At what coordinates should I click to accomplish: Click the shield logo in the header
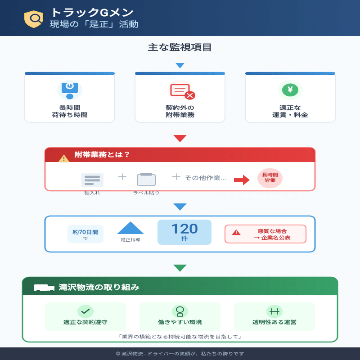pos(33,18)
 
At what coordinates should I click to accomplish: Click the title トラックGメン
pos(92,13)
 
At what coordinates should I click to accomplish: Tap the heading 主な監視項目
pos(180,47)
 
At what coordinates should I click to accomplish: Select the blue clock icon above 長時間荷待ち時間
pos(70,89)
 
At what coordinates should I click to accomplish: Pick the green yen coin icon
pos(290,90)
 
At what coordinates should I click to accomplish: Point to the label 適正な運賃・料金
pos(290,111)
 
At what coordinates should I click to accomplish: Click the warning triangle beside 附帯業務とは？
pos(64,158)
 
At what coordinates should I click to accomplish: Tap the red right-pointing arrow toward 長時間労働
pos(242,180)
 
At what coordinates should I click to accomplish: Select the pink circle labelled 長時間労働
pos(270,178)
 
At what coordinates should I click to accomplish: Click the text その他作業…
pos(206,178)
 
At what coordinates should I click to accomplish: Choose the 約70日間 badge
pos(85,234)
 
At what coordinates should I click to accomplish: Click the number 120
pos(184,229)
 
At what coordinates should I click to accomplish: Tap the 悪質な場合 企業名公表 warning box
pos(265,234)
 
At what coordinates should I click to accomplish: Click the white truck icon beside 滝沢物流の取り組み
pos(44,288)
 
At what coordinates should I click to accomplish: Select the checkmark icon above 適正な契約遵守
pos(85,311)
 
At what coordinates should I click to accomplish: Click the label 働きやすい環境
pos(180,322)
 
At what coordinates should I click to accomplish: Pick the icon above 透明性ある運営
pos(274,311)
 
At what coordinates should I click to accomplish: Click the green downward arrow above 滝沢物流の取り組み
pos(180,268)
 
